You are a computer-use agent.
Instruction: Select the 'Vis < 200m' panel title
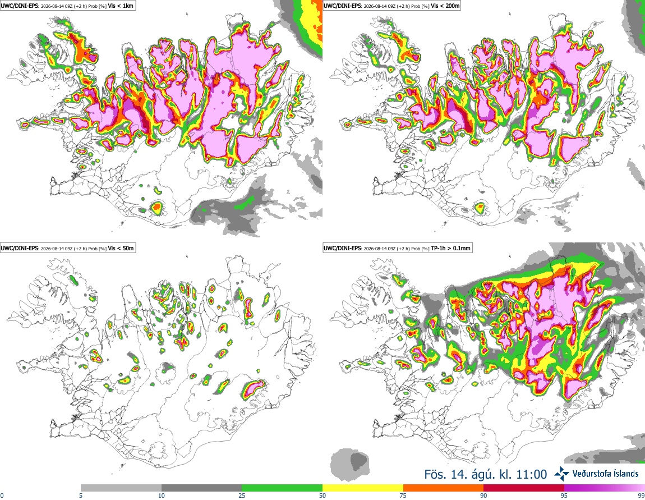click(445, 6)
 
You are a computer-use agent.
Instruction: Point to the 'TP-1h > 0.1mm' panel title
click(450, 248)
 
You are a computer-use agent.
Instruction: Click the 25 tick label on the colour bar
click(242, 496)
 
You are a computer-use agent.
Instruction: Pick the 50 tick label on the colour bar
click(322, 496)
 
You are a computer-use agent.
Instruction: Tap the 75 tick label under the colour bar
click(403, 496)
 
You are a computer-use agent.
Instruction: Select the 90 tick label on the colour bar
click(483, 496)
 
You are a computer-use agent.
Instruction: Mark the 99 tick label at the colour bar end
click(641, 496)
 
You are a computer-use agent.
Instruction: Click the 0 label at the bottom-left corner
click(2, 496)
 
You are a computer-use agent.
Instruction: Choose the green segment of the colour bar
click(282, 488)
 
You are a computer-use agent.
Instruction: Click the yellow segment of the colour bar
click(363, 488)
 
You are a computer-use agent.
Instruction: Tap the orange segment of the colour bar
click(444, 488)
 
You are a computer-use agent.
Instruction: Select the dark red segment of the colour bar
click(524, 488)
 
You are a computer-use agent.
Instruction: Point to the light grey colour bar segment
click(121, 488)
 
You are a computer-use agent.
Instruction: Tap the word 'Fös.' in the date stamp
click(435, 475)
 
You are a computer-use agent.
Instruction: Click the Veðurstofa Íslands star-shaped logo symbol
click(561, 474)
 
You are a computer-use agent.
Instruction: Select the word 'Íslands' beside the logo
click(623, 474)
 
